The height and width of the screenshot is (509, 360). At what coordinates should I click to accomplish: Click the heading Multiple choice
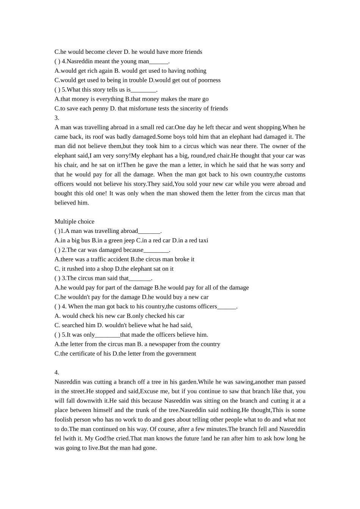pyautogui.click(x=74, y=222)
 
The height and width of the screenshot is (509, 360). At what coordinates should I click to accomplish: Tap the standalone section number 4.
pyautogui.click(x=56, y=372)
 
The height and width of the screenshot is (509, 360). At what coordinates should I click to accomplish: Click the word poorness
pyautogui.click(x=209, y=80)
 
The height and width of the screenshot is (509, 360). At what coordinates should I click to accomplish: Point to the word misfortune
pyautogui.click(x=142, y=109)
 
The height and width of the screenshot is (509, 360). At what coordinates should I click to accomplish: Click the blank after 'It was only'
pyautogui.click(x=108, y=335)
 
